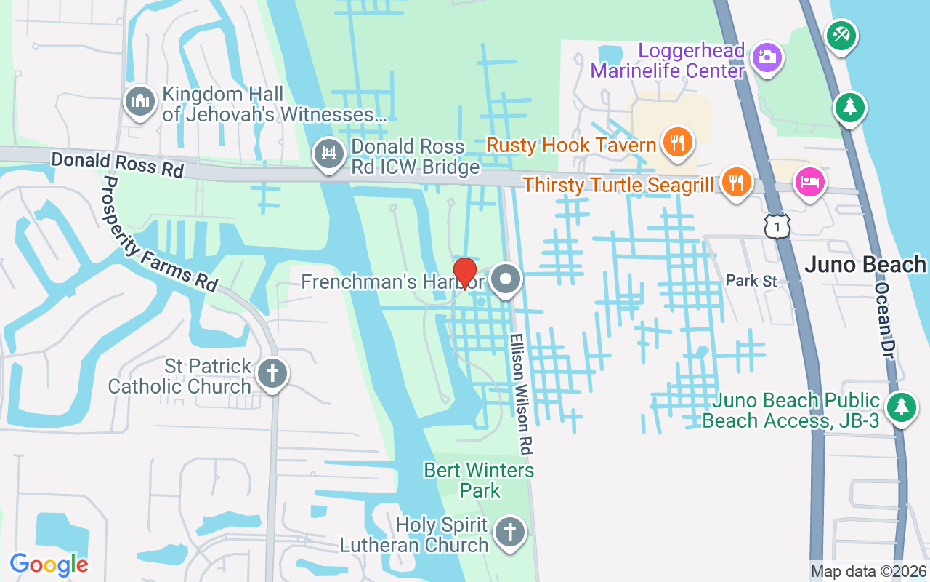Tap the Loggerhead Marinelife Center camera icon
767,56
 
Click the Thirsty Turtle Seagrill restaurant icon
737,181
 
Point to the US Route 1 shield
777,226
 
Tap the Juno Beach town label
865,264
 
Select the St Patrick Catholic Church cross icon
272,374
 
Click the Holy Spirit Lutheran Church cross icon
509,533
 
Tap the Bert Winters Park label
480,480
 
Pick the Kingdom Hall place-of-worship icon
139,101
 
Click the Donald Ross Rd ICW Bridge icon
329,154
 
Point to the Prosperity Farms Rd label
160,234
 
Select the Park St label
751,281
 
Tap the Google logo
49,565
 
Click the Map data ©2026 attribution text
868,572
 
